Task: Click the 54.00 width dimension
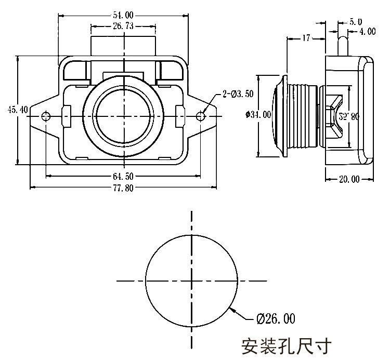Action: [122, 15]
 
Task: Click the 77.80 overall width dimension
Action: [122, 188]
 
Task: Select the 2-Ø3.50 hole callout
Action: [237, 94]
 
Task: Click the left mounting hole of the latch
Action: [46, 115]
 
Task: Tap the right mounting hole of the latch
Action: [201, 115]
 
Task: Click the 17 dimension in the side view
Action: [306, 38]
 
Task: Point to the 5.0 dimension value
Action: [356, 22]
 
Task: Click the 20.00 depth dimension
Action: [349, 179]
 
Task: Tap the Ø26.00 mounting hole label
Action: [275, 318]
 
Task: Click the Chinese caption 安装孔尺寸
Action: [286, 345]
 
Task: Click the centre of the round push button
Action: [124, 115]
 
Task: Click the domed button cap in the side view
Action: [276, 115]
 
